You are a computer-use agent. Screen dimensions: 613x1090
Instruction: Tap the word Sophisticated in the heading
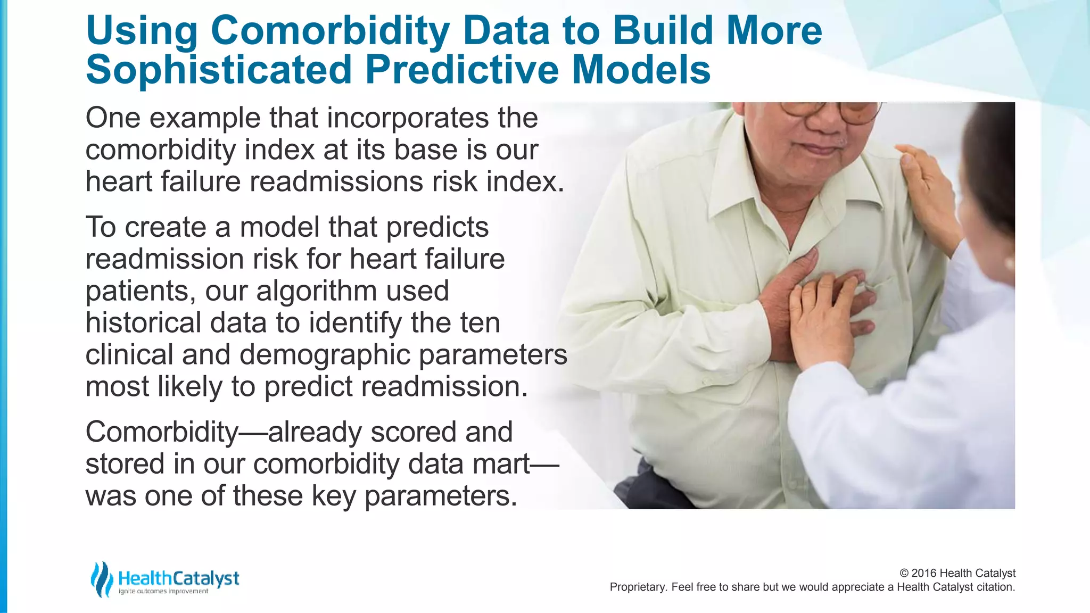219,70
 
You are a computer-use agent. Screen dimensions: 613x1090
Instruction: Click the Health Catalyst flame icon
101,579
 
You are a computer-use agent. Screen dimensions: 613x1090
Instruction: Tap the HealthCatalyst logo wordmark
179,578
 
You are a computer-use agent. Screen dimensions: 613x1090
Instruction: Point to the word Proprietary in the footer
638,587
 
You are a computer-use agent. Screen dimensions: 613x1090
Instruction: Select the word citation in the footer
996,587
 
